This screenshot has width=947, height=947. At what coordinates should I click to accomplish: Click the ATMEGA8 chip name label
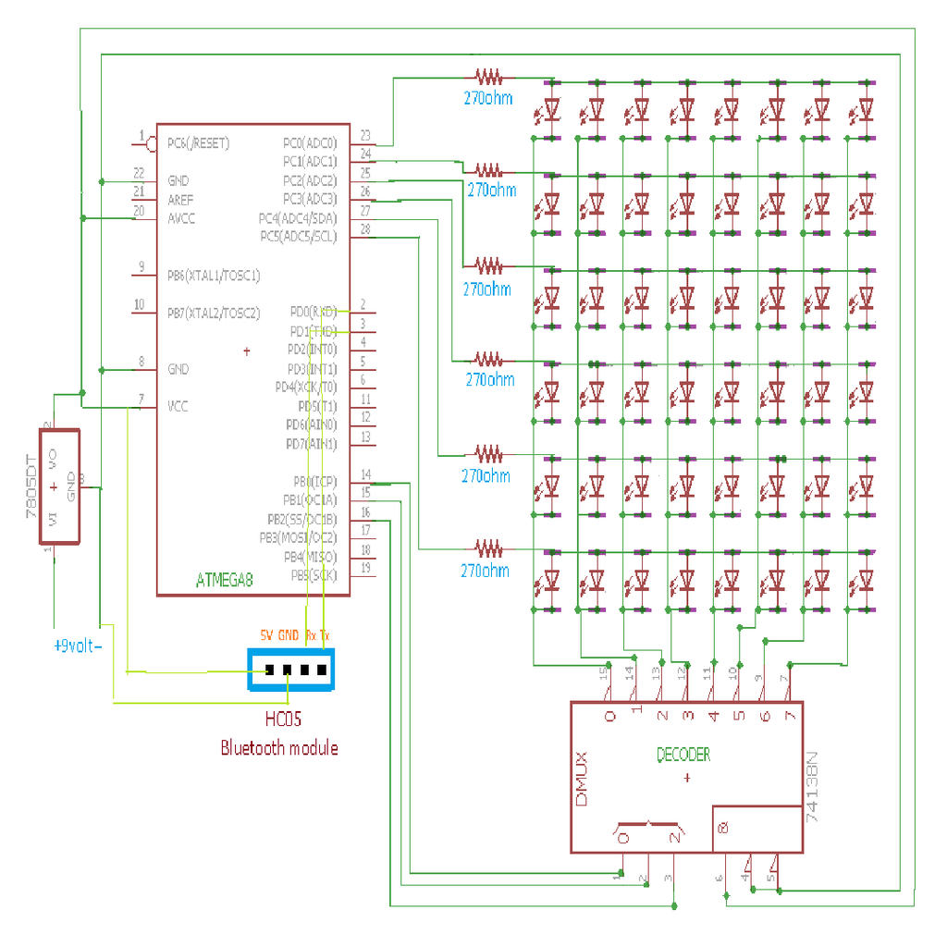[224, 581]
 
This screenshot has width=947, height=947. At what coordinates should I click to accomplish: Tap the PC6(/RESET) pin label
[198, 144]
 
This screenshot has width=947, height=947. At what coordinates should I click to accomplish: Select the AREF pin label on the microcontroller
[180, 200]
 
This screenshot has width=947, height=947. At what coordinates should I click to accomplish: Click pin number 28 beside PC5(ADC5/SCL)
[365, 229]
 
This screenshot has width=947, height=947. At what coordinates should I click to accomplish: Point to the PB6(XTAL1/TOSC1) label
[214, 276]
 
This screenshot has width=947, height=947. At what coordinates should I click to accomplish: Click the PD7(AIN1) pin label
[312, 444]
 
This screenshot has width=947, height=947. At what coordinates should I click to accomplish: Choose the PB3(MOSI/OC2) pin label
[299, 537]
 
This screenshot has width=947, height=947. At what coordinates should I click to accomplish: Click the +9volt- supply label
[78, 646]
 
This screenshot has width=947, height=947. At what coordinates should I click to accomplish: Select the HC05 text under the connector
[283, 719]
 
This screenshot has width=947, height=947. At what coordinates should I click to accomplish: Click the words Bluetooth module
[278, 748]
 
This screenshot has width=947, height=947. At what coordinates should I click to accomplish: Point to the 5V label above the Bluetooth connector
[266, 635]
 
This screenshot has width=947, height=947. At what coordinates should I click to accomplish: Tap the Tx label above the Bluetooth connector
[324, 635]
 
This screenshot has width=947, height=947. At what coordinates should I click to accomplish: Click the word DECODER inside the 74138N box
[683, 755]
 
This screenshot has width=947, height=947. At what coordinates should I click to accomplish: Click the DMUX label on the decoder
[582, 776]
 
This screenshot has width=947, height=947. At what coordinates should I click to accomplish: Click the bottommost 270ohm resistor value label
[485, 571]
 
